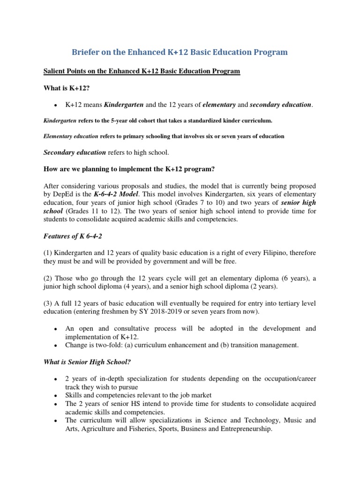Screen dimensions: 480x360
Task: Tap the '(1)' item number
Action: coord(48,253)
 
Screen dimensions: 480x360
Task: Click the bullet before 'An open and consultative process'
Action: coord(56,329)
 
